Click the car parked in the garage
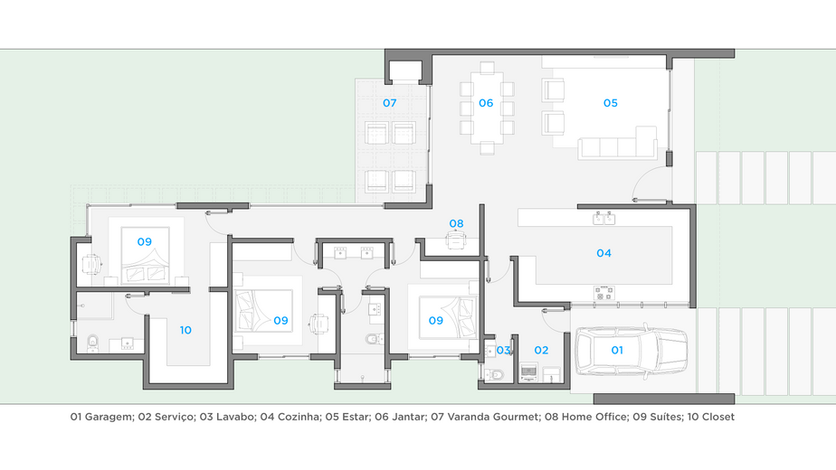coord(632,351)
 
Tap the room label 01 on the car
coord(617,350)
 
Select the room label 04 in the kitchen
coord(603,253)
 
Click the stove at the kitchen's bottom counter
coord(604,293)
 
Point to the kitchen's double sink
coord(604,218)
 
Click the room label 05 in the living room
coord(611,103)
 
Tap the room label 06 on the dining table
coord(486,103)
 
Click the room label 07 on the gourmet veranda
coord(390,103)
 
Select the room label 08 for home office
coord(456,223)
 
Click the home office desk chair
coord(455,240)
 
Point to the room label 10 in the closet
coord(185,330)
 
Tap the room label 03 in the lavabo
coord(503,350)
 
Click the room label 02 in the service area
coord(541,350)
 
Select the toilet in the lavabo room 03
coord(494,375)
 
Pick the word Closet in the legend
coord(718,417)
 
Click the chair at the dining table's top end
coord(487,68)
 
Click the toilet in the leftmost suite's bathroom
coord(93,343)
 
